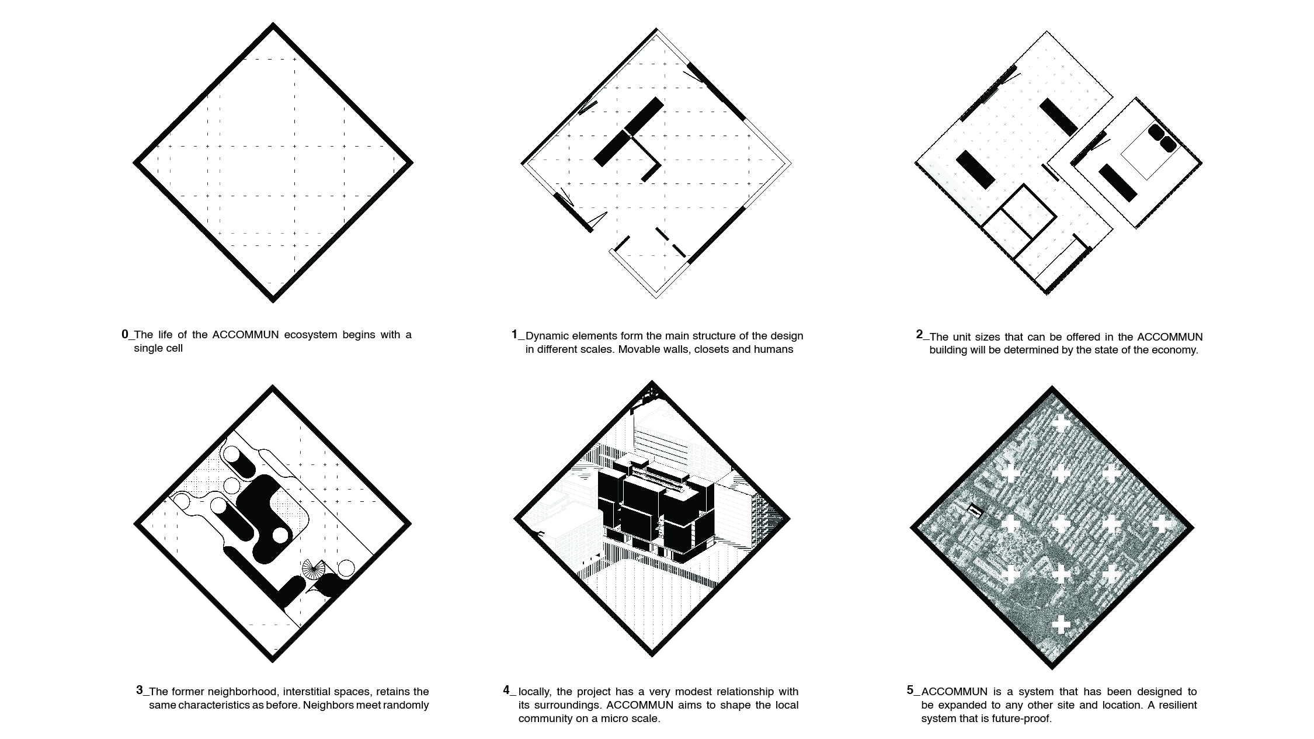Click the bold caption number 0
tap(125, 334)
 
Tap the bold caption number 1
tap(515, 334)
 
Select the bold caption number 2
tap(919, 334)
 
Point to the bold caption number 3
tap(140, 690)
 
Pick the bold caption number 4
tap(506, 690)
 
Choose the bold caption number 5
tap(910, 690)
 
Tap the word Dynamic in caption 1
tap(547, 336)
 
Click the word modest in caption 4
tap(669, 692)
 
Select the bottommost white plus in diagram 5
tap(1061, 624)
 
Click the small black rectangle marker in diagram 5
tap(975, 511)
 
